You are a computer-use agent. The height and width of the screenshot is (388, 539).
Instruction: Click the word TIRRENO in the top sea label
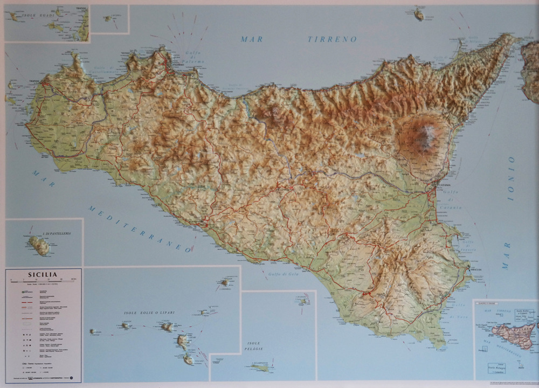click(x=332, y=39)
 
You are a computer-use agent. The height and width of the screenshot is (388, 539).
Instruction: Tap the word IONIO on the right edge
click(x=511, y=178)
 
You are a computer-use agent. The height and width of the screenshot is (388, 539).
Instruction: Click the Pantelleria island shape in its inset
click(x=39, y=246)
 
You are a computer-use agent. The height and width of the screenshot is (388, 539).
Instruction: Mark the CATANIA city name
click(x=445, y=185)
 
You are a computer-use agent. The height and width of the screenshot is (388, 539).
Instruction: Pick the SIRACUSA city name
click(x=475, y=268)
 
